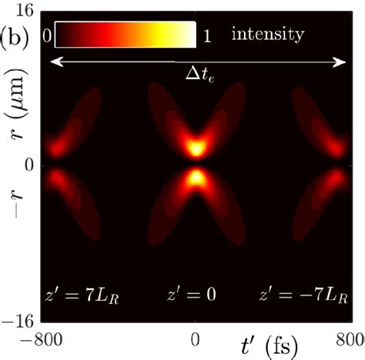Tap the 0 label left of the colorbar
tap(48, 35)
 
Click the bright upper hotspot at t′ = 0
tap(197, 148)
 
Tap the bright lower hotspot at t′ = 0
tap(197, 178)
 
